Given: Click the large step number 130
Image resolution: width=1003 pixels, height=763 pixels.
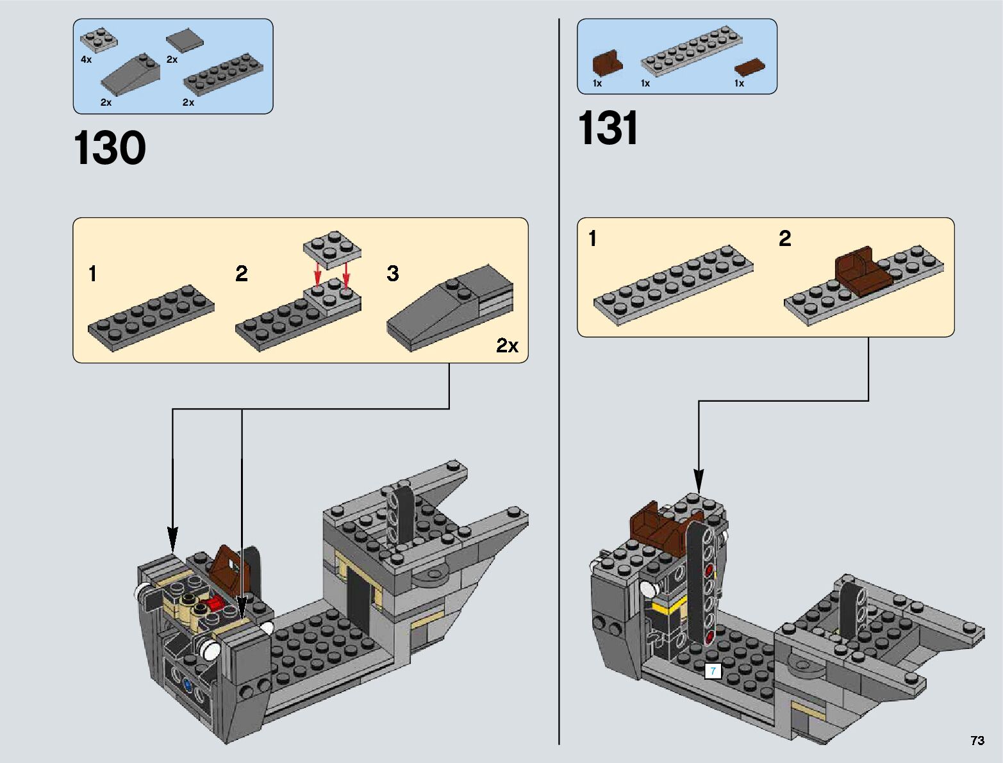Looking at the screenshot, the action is [109, 147].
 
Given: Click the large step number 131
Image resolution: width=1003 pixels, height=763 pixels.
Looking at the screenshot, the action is [608, 127].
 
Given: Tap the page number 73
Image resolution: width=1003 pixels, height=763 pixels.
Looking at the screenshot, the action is [977, 740].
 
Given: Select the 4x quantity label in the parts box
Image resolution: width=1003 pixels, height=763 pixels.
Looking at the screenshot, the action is [86, 60].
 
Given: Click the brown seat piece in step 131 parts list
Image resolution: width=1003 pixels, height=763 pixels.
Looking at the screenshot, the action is [607, 62].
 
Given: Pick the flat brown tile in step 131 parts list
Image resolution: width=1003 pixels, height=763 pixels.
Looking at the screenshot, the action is [749, 67].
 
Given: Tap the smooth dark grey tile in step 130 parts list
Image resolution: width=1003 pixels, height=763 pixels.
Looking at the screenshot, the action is [185, 40].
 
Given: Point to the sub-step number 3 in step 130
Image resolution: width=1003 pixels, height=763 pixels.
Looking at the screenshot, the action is [392, 274].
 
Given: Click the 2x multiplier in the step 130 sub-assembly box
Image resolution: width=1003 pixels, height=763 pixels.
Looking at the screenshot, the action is [507, 346].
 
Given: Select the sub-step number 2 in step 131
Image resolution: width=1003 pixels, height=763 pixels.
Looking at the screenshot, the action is [784, 238].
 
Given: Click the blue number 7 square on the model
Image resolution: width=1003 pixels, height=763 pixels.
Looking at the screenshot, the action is [713, 671].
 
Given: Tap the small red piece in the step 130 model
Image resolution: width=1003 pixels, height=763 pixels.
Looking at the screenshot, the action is [215, 605].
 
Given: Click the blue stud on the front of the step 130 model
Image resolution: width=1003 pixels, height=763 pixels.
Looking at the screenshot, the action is [187, 684].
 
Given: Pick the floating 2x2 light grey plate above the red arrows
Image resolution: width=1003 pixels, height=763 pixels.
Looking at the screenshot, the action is [332, 249].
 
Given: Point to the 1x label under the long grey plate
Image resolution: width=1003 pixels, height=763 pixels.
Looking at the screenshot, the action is [645, 83].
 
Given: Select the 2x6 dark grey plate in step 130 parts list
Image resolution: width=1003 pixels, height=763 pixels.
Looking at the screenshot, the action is [224, 74].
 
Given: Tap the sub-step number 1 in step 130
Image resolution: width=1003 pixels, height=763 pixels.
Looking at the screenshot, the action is [93, 274].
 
